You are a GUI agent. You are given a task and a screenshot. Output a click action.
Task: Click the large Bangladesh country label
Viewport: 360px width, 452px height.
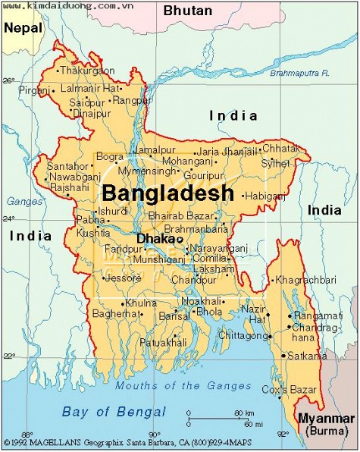pos(167,193)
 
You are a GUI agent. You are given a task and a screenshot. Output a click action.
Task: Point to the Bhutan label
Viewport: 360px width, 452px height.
pos(188,11)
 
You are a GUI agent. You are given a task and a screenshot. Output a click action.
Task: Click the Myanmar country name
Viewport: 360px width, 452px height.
pos(326,419)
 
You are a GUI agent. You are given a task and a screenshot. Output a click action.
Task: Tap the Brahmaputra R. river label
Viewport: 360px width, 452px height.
pos(300,73)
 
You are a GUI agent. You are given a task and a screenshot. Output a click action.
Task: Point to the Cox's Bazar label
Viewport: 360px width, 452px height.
pos(299,390)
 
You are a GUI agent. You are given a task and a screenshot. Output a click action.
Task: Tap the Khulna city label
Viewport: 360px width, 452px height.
pos(141,303)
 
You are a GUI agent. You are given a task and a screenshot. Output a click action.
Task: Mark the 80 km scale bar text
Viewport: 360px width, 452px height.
pos(244,413)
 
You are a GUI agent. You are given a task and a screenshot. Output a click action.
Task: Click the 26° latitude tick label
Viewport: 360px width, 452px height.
pos(9,80)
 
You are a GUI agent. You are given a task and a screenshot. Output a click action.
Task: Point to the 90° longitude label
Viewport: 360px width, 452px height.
pos(154,435)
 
